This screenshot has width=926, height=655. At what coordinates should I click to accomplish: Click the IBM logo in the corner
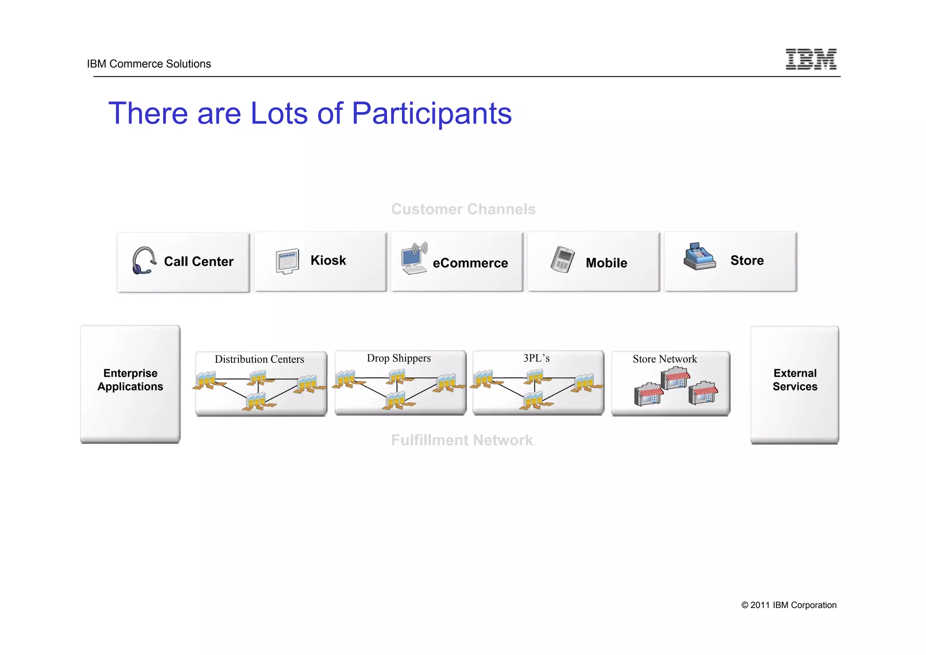811,59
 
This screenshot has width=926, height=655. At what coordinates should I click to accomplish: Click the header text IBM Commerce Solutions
149,64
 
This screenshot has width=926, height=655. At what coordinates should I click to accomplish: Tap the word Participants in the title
431,114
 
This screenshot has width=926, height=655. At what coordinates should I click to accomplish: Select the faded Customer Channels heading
463,209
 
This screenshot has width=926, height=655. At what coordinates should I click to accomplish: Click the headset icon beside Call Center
144,261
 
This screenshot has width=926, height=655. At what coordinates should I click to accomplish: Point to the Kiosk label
328,261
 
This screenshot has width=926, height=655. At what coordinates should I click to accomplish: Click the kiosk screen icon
288,261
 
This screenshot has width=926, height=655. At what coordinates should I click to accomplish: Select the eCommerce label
470,263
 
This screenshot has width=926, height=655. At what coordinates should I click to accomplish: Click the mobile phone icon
562,260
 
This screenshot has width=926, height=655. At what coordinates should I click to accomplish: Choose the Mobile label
606,263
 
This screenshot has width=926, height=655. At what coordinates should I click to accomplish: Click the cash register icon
699,257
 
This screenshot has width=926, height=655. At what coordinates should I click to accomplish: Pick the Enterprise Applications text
130,380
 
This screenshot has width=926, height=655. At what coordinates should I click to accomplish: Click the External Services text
795,380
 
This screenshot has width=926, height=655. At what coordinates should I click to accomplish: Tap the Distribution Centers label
259,359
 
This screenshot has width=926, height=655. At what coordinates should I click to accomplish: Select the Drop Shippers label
398,358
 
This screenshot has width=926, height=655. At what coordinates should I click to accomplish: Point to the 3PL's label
536,358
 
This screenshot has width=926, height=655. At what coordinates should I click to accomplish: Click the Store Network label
665,359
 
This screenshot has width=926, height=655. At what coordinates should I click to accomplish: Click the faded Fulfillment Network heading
462,440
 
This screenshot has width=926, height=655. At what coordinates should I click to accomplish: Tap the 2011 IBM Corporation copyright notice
789,605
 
